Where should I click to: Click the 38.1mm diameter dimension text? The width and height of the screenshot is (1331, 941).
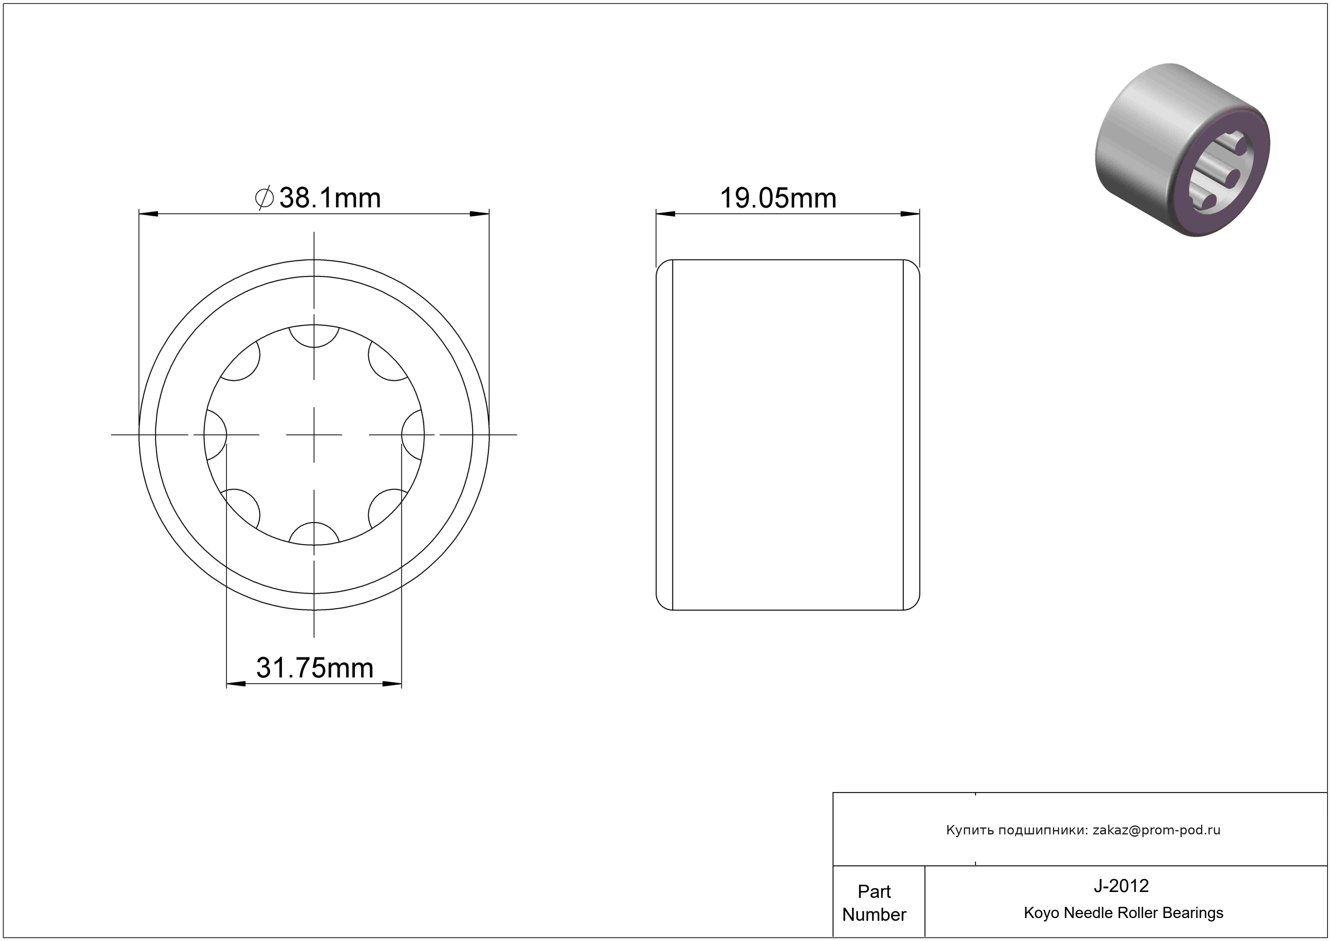(x=330, y=198)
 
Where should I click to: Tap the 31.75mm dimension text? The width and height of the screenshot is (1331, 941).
(x=315, y=668)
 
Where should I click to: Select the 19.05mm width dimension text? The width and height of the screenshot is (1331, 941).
(x=778, y=198)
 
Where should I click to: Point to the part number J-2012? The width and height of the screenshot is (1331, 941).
(x=1121, y=885)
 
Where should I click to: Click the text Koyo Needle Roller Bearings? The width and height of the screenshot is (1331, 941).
(x=1123, y=913)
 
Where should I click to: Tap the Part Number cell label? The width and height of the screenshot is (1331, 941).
(x=874, y=903)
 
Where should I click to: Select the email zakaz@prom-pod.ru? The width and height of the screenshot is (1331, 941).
(x=1156, y=830)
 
